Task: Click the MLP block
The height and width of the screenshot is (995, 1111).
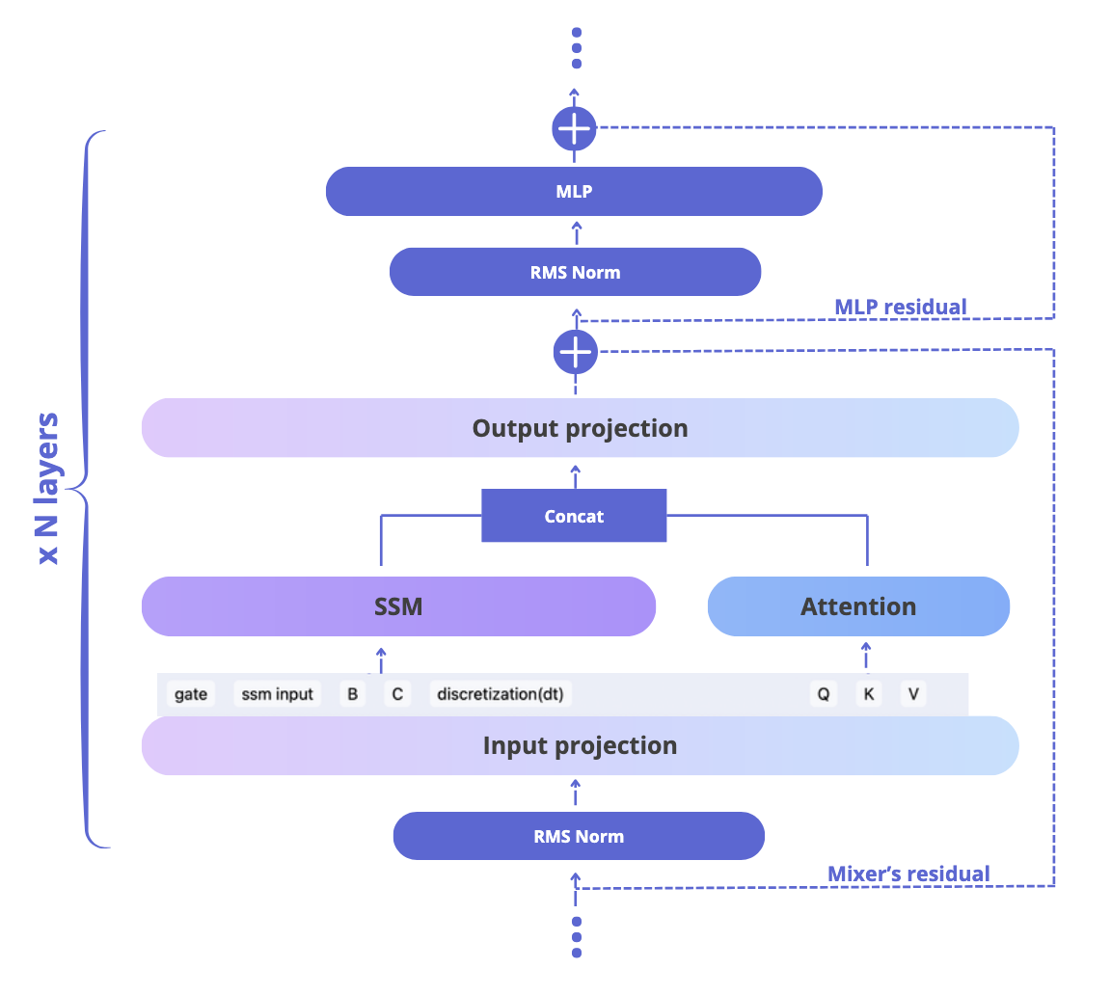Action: click(x=574, y=191)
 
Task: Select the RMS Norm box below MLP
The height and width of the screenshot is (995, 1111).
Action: click(x=576, y=272)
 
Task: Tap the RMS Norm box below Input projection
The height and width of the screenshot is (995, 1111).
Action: click(x=579, y=836)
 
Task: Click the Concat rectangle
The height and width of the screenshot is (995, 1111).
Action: click(x=574, y=516)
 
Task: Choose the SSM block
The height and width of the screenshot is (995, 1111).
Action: click(x=399, y=606)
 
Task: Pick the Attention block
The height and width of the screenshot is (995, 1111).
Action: click(x=858, y=606)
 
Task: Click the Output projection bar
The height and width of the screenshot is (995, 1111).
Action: click(x=581, y=428)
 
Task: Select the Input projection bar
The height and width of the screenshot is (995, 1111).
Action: click(x=581, y=745)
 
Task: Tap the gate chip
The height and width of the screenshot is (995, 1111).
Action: click(x=191, y=694)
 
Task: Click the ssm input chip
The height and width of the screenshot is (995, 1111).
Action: click(x=277, y=694)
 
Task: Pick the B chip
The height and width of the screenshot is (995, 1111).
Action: click(x=352, y=694)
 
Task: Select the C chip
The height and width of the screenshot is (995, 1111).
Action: click(x=397, y=694)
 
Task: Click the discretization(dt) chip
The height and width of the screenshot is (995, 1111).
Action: click(x=501, y=694)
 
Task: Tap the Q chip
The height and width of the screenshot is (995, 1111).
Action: click(x=824, y=694)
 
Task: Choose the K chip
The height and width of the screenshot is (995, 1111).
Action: click(x=869, y=694)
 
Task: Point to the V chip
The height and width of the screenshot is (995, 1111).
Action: click(x=913, y=694)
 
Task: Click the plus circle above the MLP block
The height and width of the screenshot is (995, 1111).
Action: click(x=574, y=129)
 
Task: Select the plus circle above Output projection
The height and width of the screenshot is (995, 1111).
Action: click(x=576, y=352)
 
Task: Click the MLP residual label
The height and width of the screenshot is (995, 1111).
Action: click(x=901, y=307)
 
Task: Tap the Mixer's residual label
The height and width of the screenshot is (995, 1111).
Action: click(x=908, y=874)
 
